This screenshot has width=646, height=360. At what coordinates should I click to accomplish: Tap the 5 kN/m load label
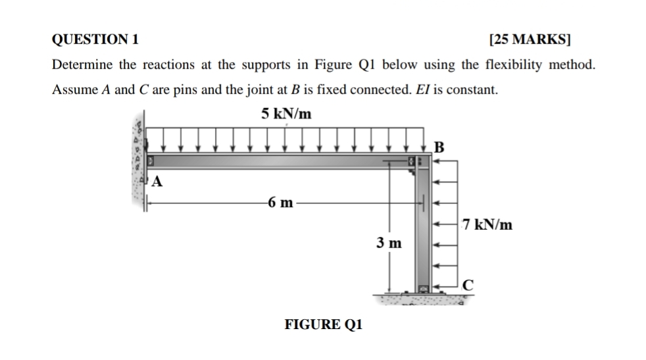(x=286, y=114)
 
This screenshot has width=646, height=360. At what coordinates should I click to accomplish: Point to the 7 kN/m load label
(x=487, y=225)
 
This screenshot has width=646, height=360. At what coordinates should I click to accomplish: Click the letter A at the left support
(x=157, y=182)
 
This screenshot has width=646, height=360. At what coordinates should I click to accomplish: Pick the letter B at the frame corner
(x=440, y=146)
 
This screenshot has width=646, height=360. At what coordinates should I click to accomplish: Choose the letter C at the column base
(x=468, y=285)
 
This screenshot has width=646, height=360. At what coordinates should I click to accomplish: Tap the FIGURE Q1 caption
(x=323, y=324)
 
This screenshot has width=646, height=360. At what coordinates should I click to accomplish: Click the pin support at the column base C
(x=423, y=288)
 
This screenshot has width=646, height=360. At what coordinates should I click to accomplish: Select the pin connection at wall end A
(x=150, y=161)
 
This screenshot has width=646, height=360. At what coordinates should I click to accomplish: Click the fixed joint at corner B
(x=421, y=162)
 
